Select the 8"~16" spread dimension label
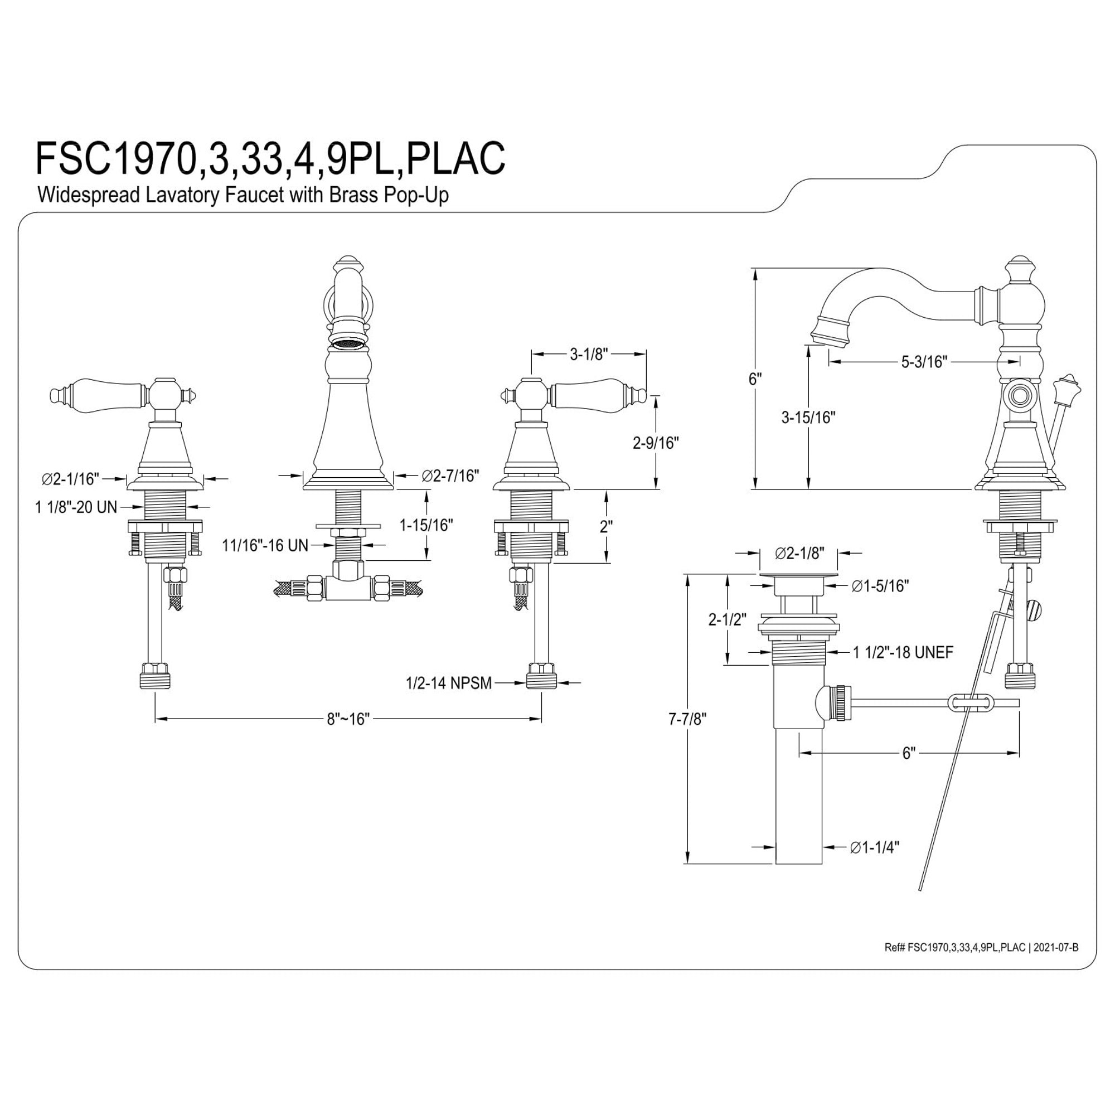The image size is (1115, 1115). tap(348, 719)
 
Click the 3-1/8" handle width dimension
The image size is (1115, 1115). tap(589, 355)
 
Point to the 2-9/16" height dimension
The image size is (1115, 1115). tap(656, 443)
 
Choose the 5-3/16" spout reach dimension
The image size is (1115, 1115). tap(924, 362)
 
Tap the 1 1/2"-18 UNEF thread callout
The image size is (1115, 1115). tap(903, 652)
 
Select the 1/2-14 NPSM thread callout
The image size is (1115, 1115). tap(449, 683)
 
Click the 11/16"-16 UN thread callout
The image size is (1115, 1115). tap(265, 545)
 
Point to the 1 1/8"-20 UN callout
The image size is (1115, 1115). tap(76, 507)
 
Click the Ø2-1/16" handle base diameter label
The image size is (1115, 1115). tap(70, 478)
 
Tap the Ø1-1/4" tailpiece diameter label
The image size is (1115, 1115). tap(874, 864)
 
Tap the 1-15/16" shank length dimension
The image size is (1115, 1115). tap(426, 525)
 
